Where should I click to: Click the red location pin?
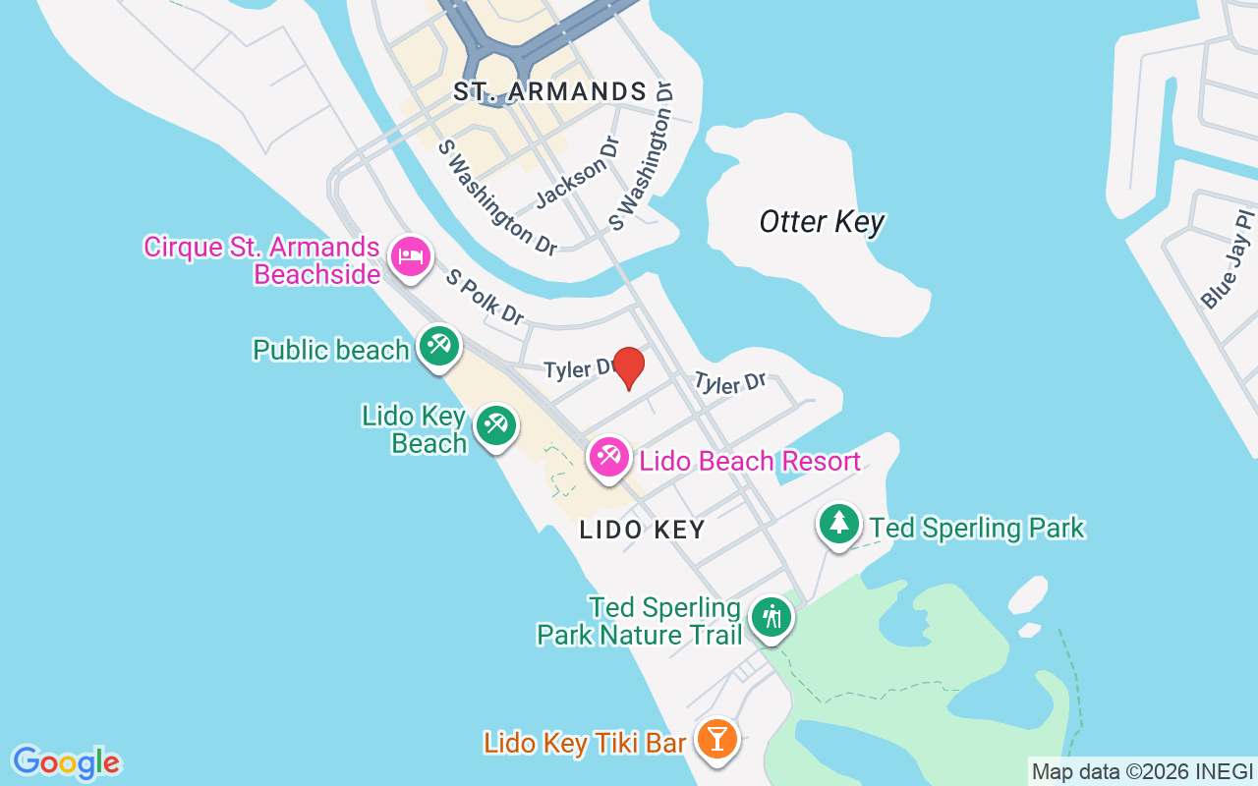coord(628,367)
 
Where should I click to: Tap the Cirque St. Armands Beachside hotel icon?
coord(410,256)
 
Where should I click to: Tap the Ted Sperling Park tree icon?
coord(838,524)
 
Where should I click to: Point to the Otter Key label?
coord(822,222)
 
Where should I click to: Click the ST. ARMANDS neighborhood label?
coord(549,92)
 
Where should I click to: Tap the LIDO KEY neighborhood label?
coord(643,530)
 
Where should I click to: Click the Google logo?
coord(66,762)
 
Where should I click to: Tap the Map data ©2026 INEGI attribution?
coord(1142,771)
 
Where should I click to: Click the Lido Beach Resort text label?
coord(750,461)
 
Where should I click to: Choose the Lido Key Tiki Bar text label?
coord(585,743)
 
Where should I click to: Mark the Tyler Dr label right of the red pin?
coord(729,382)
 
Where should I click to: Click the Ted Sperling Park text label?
coord(977,528)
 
